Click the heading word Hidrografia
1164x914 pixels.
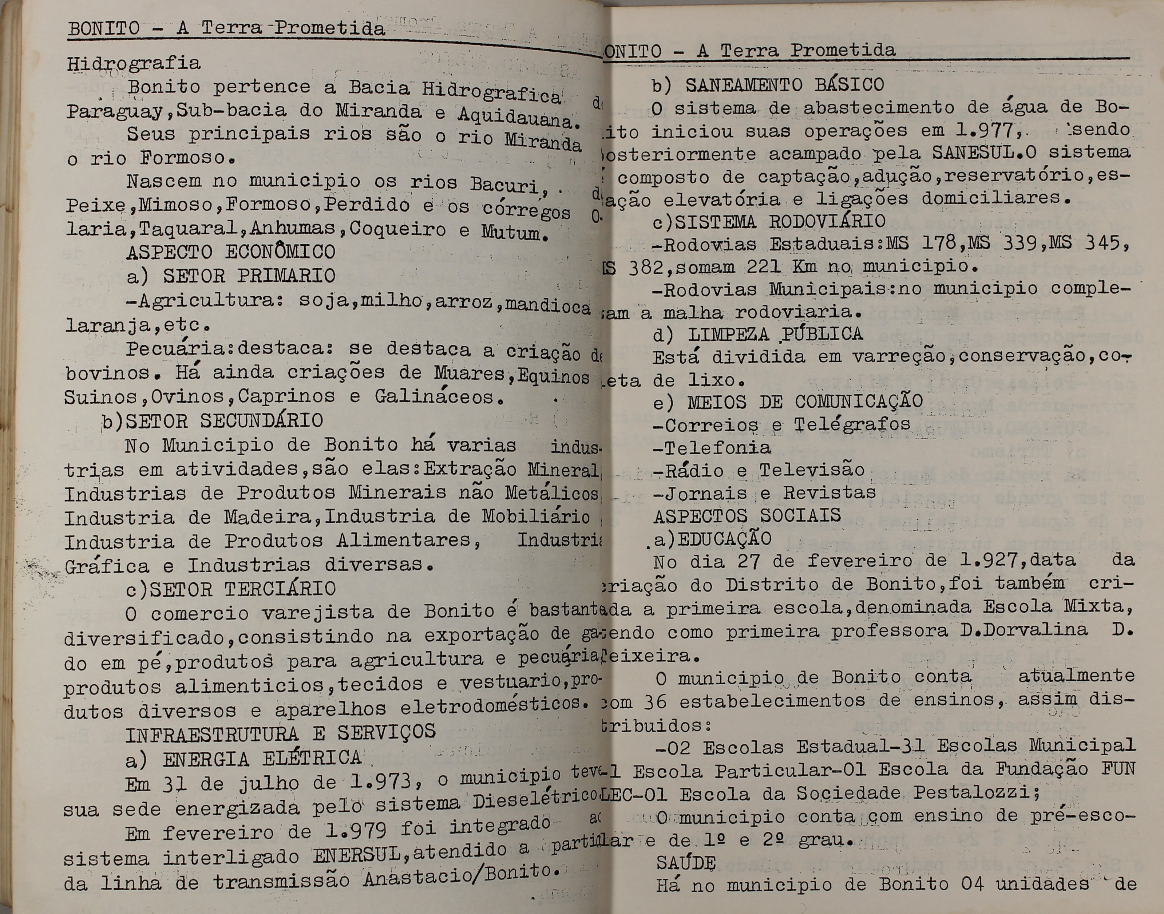pos(134,64)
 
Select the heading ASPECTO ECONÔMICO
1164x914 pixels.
pos(231,252)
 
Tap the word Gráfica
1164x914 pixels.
pos(107,566)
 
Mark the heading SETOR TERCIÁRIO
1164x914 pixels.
pos(243,589)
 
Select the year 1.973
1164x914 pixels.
pos(380,782)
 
